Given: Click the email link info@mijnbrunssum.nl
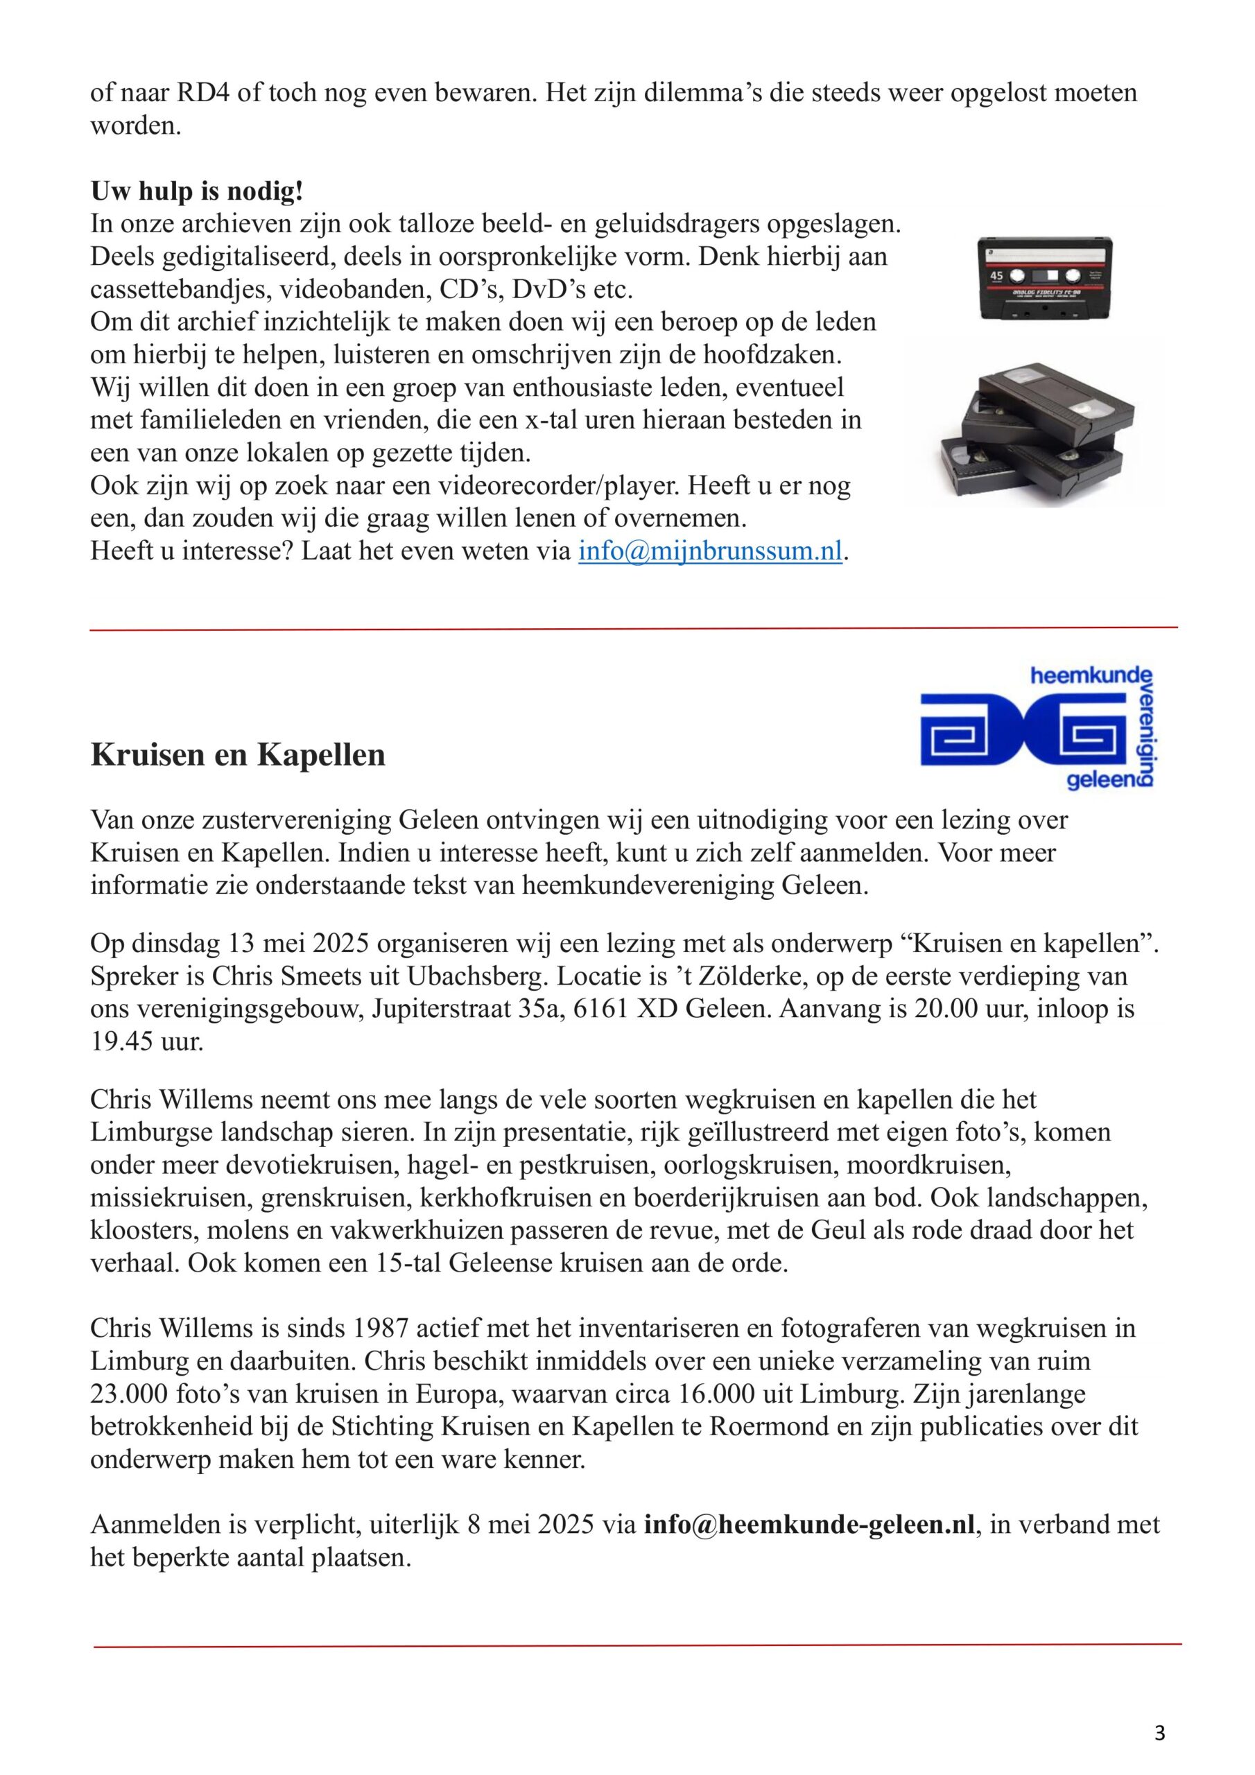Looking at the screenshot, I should pos(710,551).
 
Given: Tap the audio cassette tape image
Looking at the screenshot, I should pos(1045,278).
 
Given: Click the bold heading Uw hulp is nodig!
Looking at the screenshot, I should pos(196,191).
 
